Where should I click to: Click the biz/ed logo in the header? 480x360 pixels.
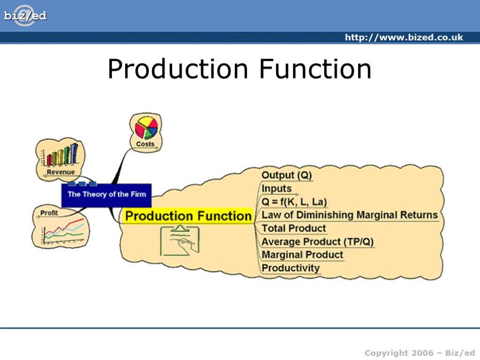click(25, 15)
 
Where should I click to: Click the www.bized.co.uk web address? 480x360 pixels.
click(404, 37)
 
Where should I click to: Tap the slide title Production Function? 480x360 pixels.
click(240, 69)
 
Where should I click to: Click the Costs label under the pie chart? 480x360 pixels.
click(145, 144)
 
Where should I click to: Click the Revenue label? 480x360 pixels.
click(60, 172)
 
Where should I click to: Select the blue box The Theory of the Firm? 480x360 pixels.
click(106, 195)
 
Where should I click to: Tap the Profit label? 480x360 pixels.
click(49, 213)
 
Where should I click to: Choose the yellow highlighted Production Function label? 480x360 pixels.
click(188, 216)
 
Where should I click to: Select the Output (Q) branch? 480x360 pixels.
click(286, 175)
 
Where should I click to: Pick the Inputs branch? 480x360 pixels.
click(277, 188)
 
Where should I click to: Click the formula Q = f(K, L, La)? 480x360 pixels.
click(294, 202)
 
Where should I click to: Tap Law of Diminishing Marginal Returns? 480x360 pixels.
click(349, 215)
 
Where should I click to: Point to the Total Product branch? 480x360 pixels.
click(293, 228)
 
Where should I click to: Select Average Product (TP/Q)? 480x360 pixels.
click(317, 242)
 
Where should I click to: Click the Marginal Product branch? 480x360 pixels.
click(302, 255)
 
